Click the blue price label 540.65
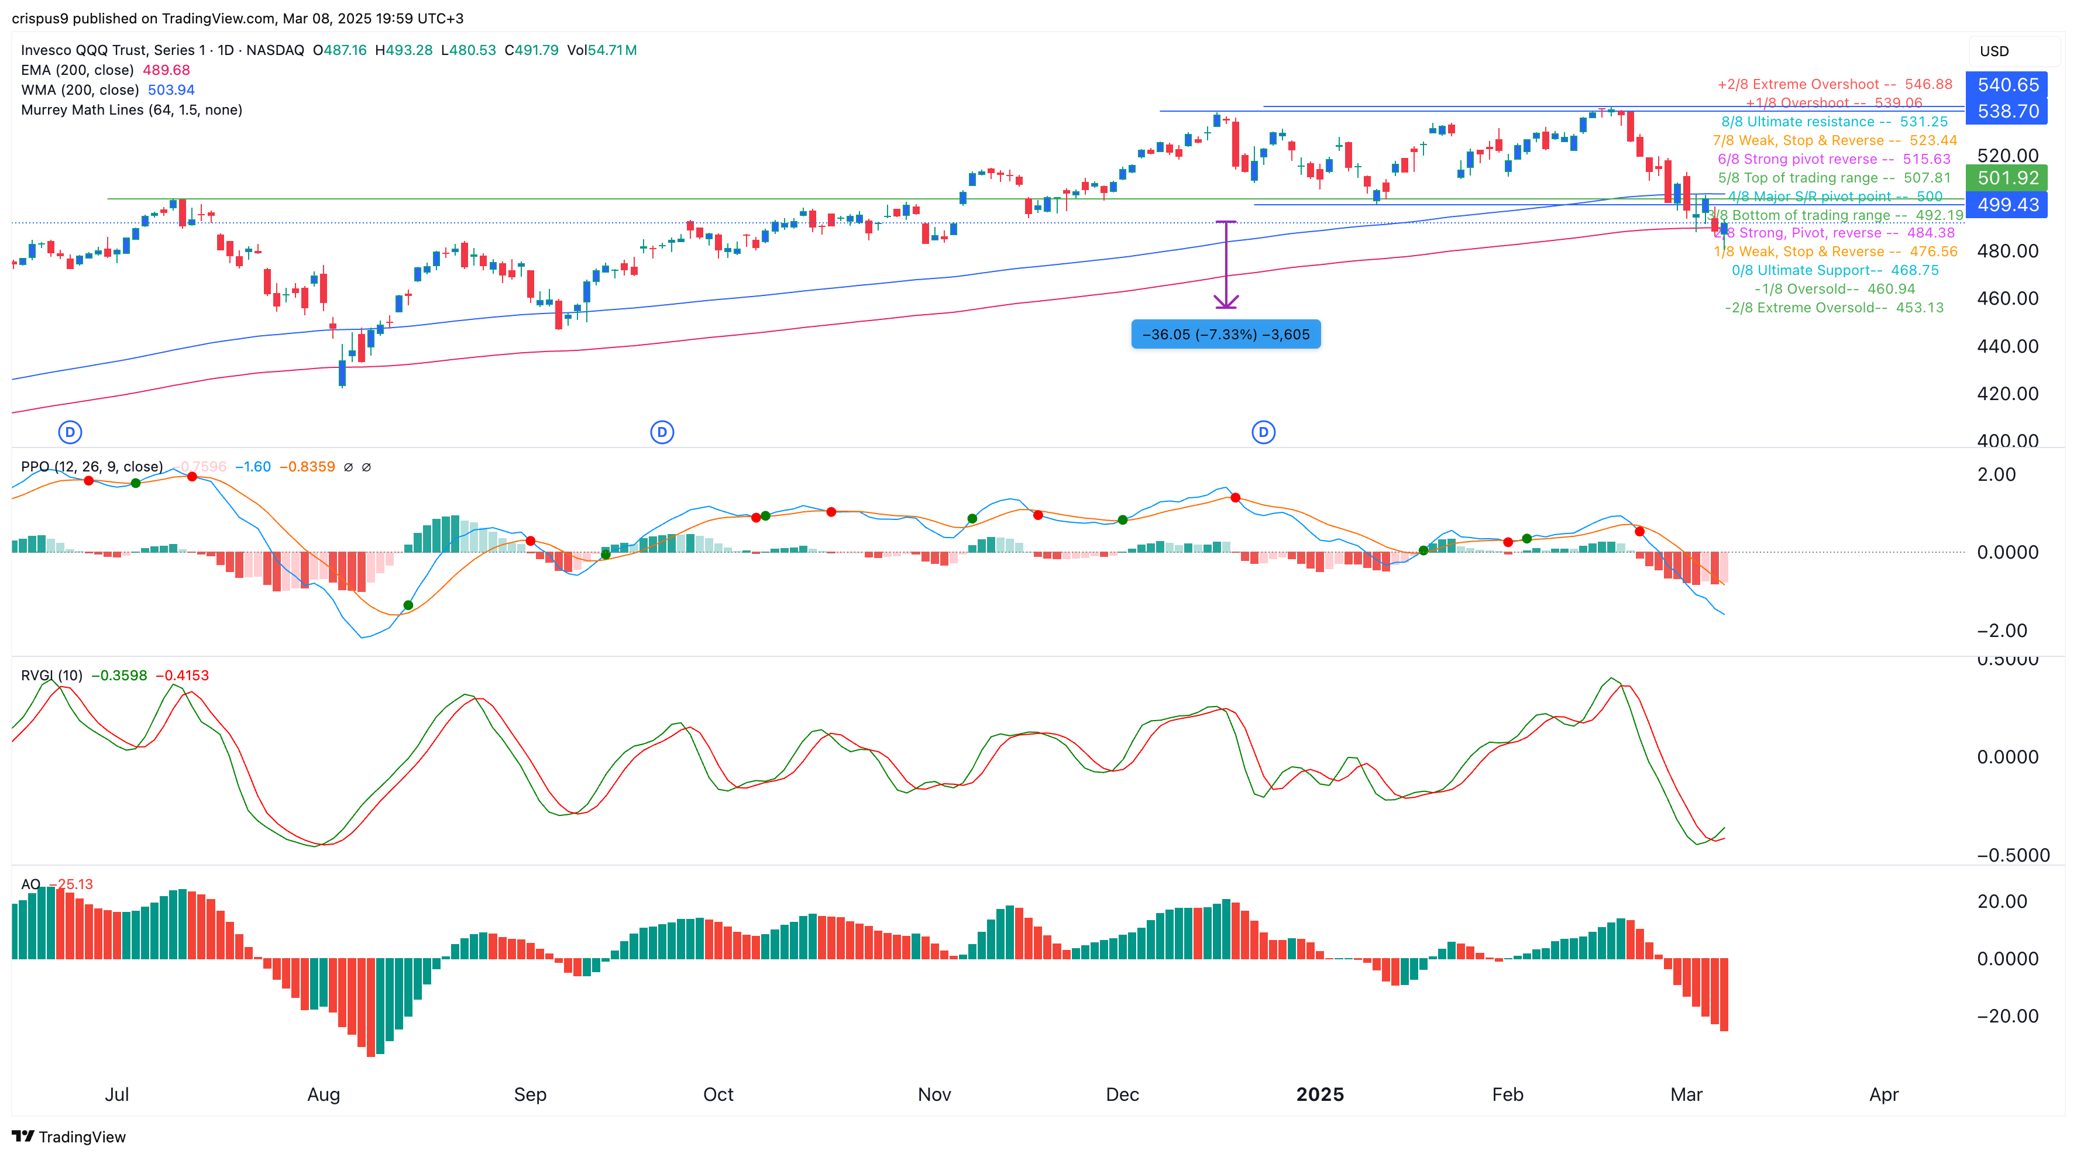coord(2007,85)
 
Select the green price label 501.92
coord(2007,178)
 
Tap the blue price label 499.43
coord(2007,205)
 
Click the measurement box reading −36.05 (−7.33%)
coord(1226,335)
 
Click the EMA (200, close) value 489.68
coord(166,70)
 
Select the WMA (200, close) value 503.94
coord(171,90)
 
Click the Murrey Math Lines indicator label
coord(132,109)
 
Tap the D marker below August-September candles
coord(662,432)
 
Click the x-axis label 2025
coord(1319,1094)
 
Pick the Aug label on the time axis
coord(324,1094)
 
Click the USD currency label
coord(1994,51)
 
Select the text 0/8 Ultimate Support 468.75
coord(1834,270)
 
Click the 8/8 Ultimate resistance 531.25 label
coord(1834,122)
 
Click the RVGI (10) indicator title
coord(51,676)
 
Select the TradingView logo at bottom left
coord(68,1137)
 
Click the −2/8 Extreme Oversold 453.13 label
coord(1834,308)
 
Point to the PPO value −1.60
coord(252,467)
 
